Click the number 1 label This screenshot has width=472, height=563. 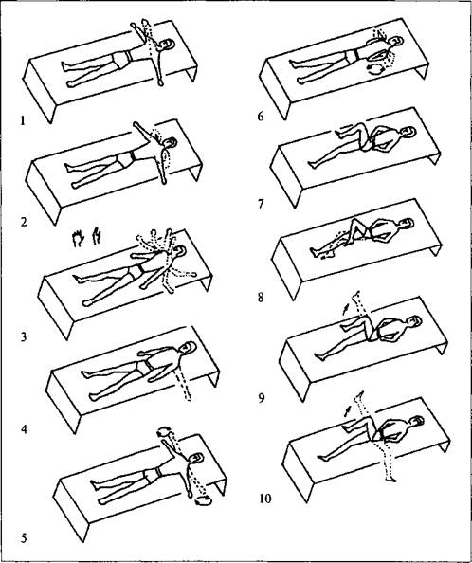coord(23,121)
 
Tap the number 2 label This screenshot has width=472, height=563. coord(24,222)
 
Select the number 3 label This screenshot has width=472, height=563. coord(24,336)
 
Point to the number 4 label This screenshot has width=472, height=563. coord(24,428)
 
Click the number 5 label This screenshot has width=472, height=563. coord(24,538)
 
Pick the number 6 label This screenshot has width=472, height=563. coord(261,117)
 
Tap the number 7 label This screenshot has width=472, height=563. coord(261,204)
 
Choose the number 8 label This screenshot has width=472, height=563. coord(261,298)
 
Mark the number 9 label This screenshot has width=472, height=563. coord(262,398)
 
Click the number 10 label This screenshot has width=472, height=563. coord(265,499)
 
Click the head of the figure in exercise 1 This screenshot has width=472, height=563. coord(167,45)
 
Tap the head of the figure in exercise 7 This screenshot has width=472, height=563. coord(408,132)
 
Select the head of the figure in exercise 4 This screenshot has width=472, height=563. coord(188,348)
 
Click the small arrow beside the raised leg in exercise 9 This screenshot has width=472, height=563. coord(345,310)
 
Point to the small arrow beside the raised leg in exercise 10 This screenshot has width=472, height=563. coord(348,411)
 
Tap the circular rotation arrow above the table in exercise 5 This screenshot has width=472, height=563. coord(165,431)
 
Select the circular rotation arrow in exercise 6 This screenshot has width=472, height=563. coord(374,69)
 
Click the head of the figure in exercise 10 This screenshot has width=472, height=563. coord(417,421)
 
